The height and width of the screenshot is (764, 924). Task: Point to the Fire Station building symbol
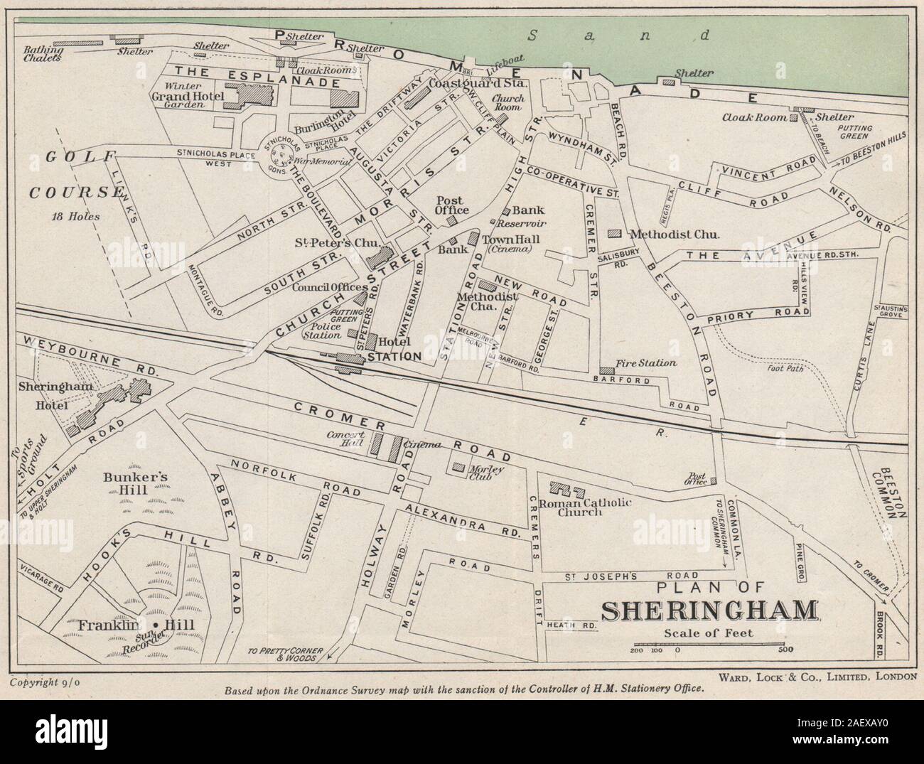(x=607, y=370)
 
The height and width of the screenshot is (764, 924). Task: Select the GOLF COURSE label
(x=69, y=174)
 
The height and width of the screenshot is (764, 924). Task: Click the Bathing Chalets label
(x=33, y=54)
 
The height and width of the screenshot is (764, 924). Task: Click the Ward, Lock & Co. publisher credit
(x=817, y=676)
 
